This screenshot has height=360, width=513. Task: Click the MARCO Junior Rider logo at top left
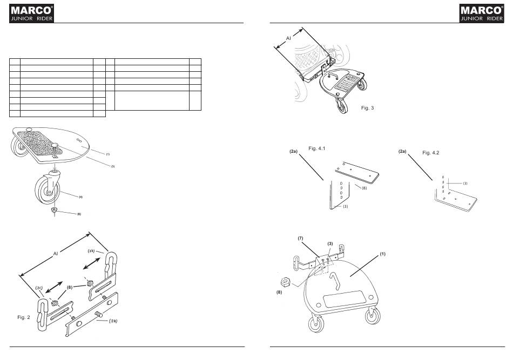31,13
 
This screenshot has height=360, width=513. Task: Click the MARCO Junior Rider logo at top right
482,13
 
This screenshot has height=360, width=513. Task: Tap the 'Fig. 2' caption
24,317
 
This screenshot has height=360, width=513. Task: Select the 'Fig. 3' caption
367,108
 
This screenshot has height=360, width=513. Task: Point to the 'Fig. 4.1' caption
316,148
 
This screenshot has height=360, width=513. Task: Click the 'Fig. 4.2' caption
430,153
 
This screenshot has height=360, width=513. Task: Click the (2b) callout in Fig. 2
91,251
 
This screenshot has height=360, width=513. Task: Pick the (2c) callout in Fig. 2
39,288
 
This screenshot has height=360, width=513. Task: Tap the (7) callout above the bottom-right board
300,239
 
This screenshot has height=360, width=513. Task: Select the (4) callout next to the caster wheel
80,197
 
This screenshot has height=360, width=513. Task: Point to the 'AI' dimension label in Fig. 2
56,254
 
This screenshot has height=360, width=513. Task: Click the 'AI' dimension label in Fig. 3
288,38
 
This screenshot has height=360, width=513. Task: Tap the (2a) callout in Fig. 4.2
402,151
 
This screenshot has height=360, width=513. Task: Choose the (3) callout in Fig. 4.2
465,184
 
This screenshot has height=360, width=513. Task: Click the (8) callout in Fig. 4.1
364,188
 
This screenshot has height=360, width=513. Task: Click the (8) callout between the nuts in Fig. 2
70,288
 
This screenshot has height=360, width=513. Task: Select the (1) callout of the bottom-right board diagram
382,254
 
